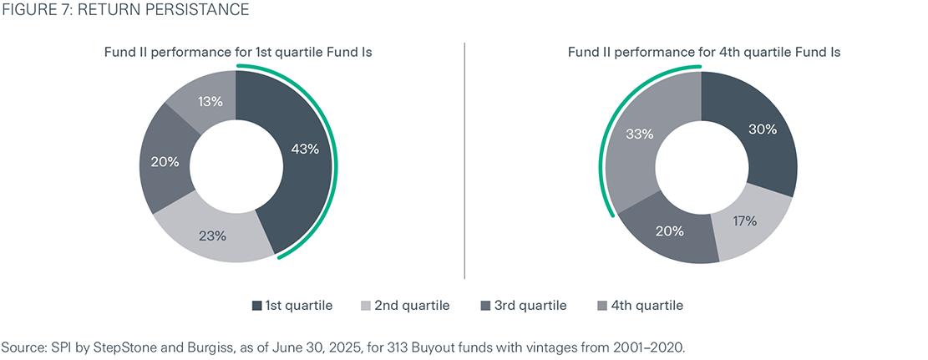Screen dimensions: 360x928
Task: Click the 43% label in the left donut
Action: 306,150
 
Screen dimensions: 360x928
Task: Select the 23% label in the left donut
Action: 213,236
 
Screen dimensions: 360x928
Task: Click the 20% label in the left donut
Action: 165,162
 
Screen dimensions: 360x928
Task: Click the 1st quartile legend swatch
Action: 256,306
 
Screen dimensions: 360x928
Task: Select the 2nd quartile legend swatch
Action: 364,306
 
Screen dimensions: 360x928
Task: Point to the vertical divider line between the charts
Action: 464,159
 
